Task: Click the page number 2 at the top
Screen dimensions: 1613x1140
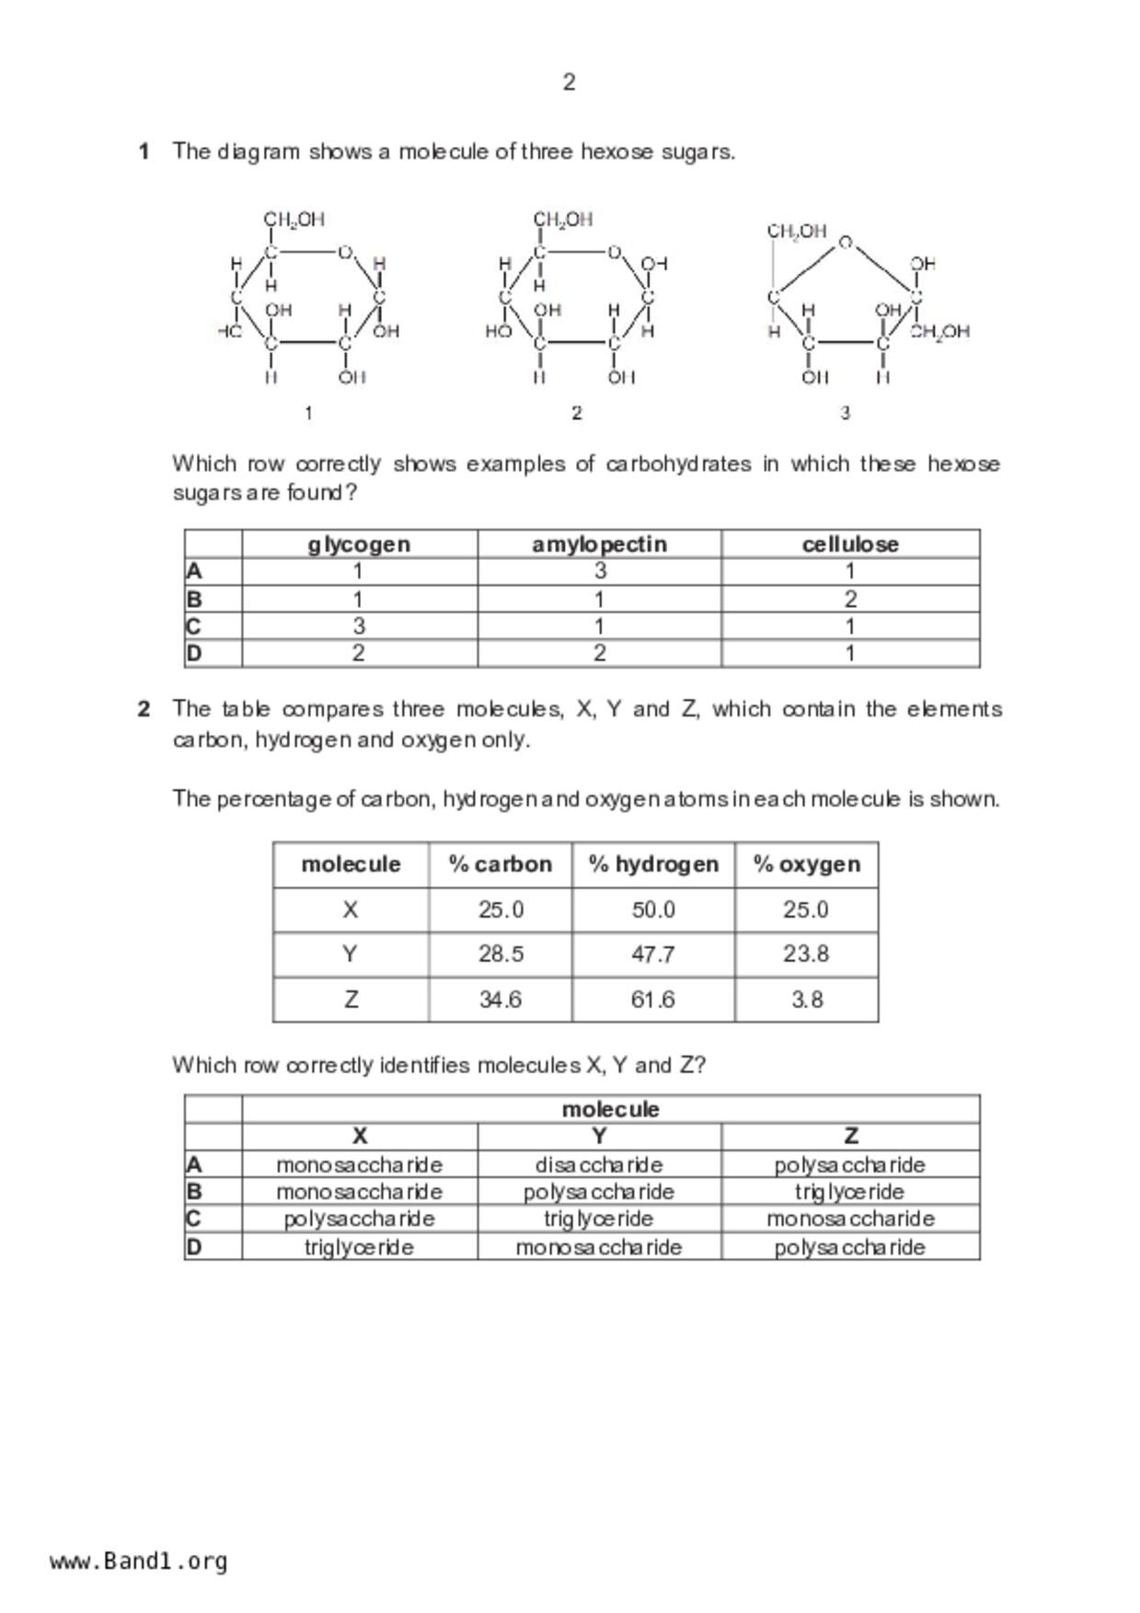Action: click(569, 83)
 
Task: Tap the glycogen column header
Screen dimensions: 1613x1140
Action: click(359, 544)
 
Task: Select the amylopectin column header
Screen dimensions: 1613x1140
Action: click(599, 544)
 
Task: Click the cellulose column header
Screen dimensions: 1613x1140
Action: click(850, 544)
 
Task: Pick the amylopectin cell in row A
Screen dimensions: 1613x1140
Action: click(600, 571)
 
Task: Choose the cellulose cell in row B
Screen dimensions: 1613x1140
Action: click(850, 600)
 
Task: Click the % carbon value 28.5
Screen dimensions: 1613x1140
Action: click(501, 955)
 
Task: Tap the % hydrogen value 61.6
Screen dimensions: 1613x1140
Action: click(652, 1000)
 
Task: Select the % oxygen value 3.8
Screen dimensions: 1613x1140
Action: click(807, 1000)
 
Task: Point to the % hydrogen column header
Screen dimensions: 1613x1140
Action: click(653, 864)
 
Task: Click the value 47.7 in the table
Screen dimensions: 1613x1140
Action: click(652, 955)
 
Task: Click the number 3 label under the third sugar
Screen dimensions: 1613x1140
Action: click(845, 414)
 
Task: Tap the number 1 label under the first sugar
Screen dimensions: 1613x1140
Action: click(308, 414)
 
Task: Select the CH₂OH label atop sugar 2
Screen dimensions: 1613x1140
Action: click(563, 220)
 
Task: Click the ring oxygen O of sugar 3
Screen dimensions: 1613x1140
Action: click(846, 244)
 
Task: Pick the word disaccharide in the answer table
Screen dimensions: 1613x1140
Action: click(599, 1165)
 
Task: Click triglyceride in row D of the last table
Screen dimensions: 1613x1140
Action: click(359, 1248)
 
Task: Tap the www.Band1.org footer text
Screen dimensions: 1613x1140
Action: click(138, 1562)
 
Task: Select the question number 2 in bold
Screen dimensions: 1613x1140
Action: click(144, 709)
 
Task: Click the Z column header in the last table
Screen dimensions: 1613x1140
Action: click(850, 1137)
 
